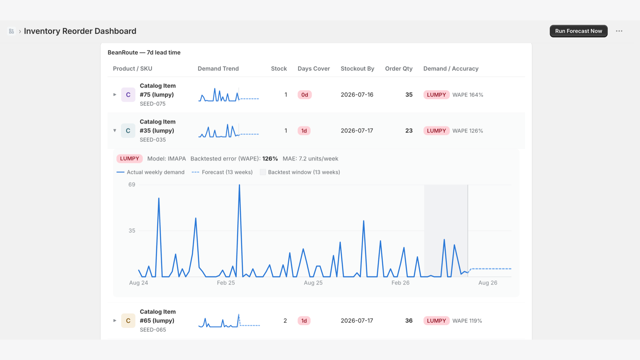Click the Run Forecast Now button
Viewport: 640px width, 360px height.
tap(578, 31)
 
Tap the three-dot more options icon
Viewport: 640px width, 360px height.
tap(619, 31)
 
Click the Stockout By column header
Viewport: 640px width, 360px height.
tap(357, 68)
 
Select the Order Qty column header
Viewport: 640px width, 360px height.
tap(398, 68)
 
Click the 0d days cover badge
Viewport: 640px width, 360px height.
tap(304, 94)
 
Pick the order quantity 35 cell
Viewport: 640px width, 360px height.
tap(409, 94)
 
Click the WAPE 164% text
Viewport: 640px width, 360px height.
tap(468, 94)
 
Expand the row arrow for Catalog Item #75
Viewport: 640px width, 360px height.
tap(114, 94)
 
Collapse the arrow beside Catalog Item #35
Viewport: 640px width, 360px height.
tap(114, 130)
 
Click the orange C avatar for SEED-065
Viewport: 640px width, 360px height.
tap(128, 320)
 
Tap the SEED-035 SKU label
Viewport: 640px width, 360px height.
tap(152, 140)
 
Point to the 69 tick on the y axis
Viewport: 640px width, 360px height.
tap(132, 184)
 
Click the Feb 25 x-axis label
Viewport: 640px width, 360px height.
tap(226, 283)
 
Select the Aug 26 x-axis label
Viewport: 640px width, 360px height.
tap(488, 283)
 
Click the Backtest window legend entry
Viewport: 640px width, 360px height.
tap(300, 172)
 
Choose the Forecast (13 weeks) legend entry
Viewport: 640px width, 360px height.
tap(222, 172)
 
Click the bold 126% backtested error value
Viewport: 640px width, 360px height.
tap(270, 158)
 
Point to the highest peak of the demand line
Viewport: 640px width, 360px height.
tap(240, 185)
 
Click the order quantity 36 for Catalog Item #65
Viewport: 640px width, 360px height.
tap(409, 320)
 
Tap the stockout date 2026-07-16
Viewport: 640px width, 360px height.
tap(357, 94)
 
